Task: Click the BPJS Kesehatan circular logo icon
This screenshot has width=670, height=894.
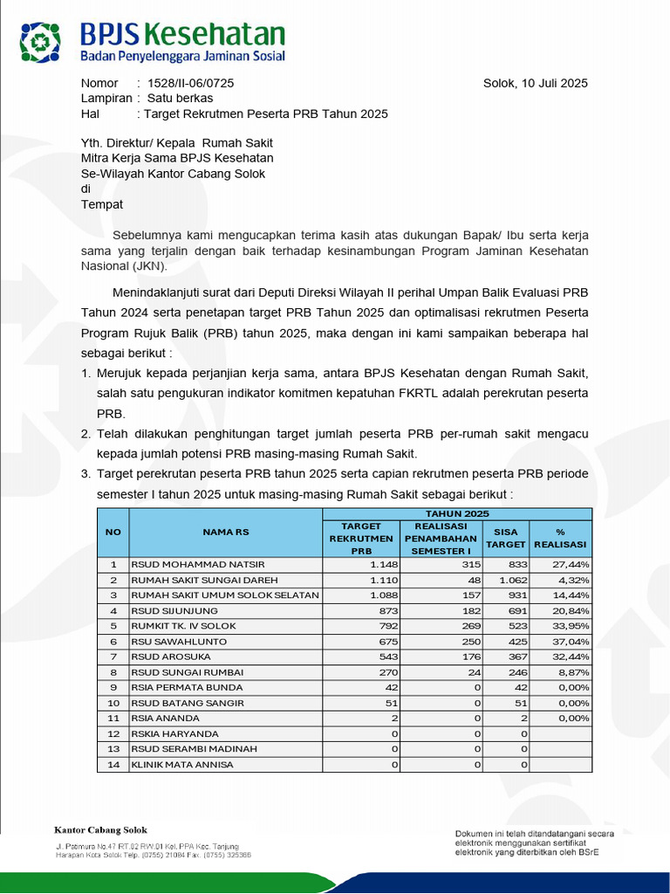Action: (x=42, y=41)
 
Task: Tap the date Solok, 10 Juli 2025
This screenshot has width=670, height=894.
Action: (x=535, y=84)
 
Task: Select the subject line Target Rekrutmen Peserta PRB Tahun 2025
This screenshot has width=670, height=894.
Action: (x=265, y=113)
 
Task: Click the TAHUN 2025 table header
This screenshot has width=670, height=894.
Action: (x=456, y=513)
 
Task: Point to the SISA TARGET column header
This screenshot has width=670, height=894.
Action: (x=505, y=538)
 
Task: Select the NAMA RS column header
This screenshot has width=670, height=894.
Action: (x=225, y=532)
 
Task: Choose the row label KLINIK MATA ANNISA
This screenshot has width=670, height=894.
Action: (x=181, y=765)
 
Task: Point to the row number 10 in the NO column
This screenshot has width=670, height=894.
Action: (x=113, y=703)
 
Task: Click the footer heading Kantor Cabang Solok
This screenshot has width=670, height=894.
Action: (x=100, y=830)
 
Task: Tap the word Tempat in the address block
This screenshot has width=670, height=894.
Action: (x=102, y=204)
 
